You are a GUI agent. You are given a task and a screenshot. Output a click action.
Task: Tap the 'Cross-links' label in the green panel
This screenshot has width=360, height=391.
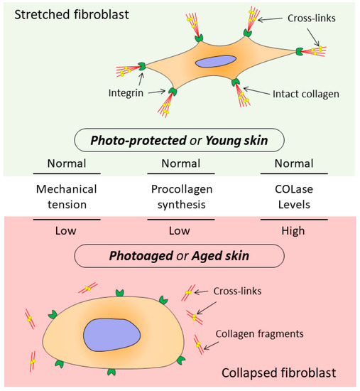(319, 22)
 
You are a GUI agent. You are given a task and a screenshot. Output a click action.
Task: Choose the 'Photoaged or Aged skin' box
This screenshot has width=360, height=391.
(180, 254)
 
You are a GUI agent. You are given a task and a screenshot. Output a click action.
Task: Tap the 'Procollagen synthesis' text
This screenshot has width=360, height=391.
(180, 197)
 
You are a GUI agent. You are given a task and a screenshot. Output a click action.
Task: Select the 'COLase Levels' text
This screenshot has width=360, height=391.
(293, 197)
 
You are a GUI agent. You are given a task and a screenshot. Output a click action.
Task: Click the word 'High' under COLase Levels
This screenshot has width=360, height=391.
(293, 231)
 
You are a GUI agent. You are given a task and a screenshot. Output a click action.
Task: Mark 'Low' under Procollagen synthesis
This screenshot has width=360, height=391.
(180, 231)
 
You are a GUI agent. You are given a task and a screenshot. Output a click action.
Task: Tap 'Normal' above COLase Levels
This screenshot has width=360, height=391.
(293, 164)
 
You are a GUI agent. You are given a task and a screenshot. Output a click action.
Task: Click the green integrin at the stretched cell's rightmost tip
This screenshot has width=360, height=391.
(302, 51)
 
